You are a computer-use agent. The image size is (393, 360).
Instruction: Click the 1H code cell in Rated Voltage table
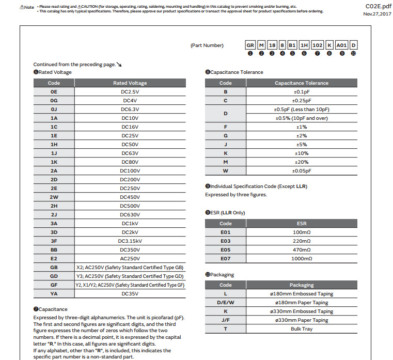[54, 144]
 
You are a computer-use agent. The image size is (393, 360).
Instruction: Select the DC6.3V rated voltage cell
[130, 109]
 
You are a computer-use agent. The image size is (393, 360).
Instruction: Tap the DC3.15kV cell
[130, 241]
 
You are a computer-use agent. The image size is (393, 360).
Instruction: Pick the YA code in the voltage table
[54, 293]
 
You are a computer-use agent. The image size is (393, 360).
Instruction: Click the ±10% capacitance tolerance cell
[301, 153]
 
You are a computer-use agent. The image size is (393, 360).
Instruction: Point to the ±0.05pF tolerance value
[301, 170]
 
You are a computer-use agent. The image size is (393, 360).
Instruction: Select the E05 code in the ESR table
[225, 249]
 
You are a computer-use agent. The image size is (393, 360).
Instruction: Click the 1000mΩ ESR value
[301, 258]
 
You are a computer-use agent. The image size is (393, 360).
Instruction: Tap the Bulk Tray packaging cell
[301, 328]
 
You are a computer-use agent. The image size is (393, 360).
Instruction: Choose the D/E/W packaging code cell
[225, 302]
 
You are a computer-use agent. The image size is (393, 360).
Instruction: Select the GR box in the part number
[250, 45]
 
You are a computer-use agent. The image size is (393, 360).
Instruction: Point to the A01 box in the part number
[341, 45]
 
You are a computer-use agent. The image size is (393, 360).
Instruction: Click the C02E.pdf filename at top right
[376, 6]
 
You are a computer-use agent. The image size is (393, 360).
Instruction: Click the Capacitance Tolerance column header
[301, 83]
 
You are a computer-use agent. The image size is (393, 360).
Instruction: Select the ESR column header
[301, 223]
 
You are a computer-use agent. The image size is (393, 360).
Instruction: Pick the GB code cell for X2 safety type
[54, 267]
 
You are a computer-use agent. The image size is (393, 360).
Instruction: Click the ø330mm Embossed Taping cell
[301, 311]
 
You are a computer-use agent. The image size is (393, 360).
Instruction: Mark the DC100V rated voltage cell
[130, 170]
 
